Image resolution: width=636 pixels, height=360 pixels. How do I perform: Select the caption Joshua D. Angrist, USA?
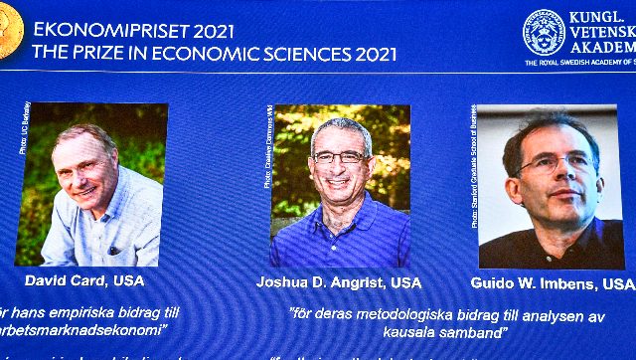339,282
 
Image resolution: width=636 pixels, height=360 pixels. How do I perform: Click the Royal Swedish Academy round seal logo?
544,31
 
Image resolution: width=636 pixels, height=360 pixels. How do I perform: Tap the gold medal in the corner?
9,41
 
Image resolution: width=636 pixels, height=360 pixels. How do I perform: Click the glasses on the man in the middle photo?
339,156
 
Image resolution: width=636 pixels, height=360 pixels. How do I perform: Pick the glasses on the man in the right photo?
557,162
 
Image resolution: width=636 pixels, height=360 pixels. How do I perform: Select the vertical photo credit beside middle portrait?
268,147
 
